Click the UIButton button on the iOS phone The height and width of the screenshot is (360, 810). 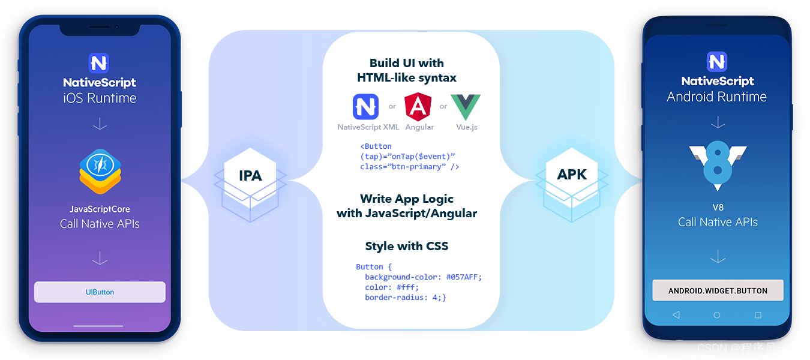100,292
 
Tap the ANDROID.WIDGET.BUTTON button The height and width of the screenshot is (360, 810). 718,290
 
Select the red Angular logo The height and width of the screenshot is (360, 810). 418,107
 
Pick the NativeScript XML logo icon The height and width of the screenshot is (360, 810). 366,107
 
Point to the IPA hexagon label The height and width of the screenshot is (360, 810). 250,175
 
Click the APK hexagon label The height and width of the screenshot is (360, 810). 572,175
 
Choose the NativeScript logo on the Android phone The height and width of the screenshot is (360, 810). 717,62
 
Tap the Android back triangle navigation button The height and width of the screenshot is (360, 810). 676,315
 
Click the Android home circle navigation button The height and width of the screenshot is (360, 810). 717,315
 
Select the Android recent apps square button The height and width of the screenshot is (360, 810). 758,315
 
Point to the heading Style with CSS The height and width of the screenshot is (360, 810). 407,246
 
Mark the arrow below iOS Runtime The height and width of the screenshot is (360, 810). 100,124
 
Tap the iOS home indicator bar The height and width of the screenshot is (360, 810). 98,326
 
